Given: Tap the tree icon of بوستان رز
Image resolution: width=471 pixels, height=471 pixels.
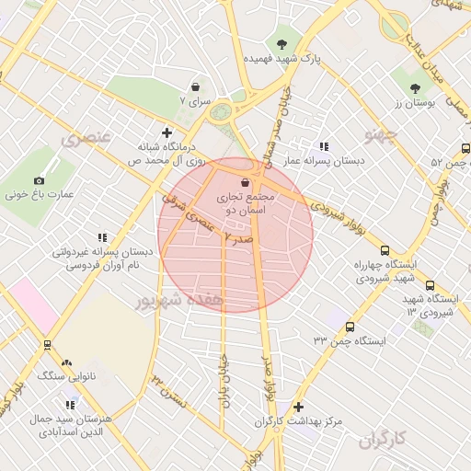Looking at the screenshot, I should [x=416, y=88].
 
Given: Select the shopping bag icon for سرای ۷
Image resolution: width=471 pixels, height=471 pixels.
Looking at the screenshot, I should [x=196, y=86].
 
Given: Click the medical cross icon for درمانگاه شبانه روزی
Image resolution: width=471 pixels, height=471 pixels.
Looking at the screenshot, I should [x=167, y=132].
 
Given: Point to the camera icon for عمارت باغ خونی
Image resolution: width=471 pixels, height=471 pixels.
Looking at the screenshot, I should [x=39, y=181].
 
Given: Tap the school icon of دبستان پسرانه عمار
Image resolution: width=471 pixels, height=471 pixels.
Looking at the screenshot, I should [x=324, y=146].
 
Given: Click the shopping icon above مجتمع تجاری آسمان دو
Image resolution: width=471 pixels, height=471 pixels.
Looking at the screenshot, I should [x=244, y=182].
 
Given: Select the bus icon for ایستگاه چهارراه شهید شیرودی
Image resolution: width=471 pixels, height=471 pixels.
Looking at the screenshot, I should [x=385, y=250].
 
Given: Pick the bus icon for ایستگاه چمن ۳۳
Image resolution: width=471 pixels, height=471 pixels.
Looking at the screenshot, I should [x=350, y=327].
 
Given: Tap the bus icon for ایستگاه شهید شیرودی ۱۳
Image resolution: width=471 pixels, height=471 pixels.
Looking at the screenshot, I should [x=430, y=286].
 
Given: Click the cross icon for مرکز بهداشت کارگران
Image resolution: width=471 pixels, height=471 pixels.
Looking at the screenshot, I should [x=297, y=407].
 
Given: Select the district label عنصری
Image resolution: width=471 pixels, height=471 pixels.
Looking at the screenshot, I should [x=86, y=139].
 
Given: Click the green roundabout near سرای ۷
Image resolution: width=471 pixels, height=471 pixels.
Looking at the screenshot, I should [x=221, y=112].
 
